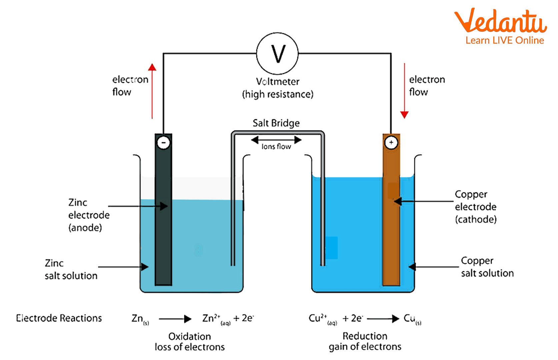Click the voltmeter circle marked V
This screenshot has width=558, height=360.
277,53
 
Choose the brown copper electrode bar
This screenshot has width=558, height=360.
391,233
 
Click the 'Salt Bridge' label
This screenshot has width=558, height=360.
276,123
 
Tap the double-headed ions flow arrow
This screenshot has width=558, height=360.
276,140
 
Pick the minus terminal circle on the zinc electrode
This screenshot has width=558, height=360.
163,143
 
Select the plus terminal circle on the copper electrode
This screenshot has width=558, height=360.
391,143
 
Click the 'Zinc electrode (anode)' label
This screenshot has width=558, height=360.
88,215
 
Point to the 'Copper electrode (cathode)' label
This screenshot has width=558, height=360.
476,207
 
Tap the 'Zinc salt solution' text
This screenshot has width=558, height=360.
71,270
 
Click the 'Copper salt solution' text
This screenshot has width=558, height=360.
487,267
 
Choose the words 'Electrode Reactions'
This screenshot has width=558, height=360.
59,318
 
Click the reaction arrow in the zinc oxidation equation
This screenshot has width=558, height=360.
175,319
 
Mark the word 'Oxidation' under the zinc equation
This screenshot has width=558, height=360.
190,336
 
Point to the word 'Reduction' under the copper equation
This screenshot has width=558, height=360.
365,336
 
